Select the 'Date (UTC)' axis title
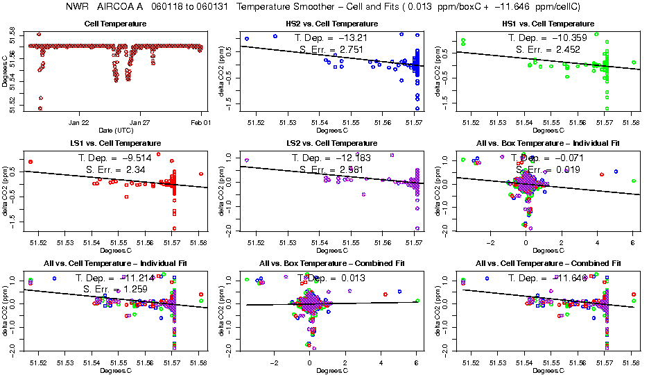click(116, 130)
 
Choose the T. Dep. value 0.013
click(351, 278)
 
